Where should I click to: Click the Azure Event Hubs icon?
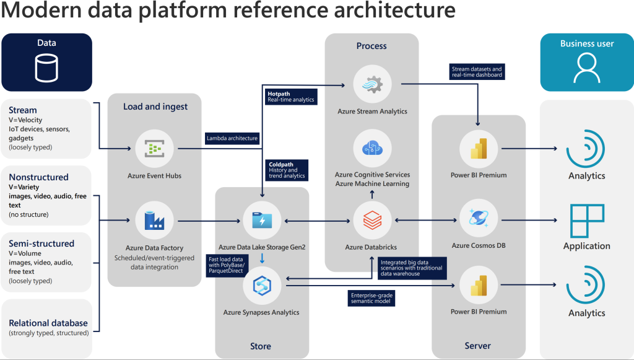154,149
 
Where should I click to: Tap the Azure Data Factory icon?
154,221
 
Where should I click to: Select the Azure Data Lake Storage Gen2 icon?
262,221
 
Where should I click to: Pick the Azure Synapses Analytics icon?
262,285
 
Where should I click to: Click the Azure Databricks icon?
371,221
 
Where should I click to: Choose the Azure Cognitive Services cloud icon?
371,149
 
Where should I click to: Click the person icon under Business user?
586,68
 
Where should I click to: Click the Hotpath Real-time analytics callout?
291,96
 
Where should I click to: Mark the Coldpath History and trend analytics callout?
287,170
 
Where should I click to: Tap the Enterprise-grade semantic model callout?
371,298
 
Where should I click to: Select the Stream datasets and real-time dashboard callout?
477,71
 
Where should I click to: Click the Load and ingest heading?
155,107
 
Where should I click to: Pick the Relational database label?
48,323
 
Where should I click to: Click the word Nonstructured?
38,177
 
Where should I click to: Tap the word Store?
261,346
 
